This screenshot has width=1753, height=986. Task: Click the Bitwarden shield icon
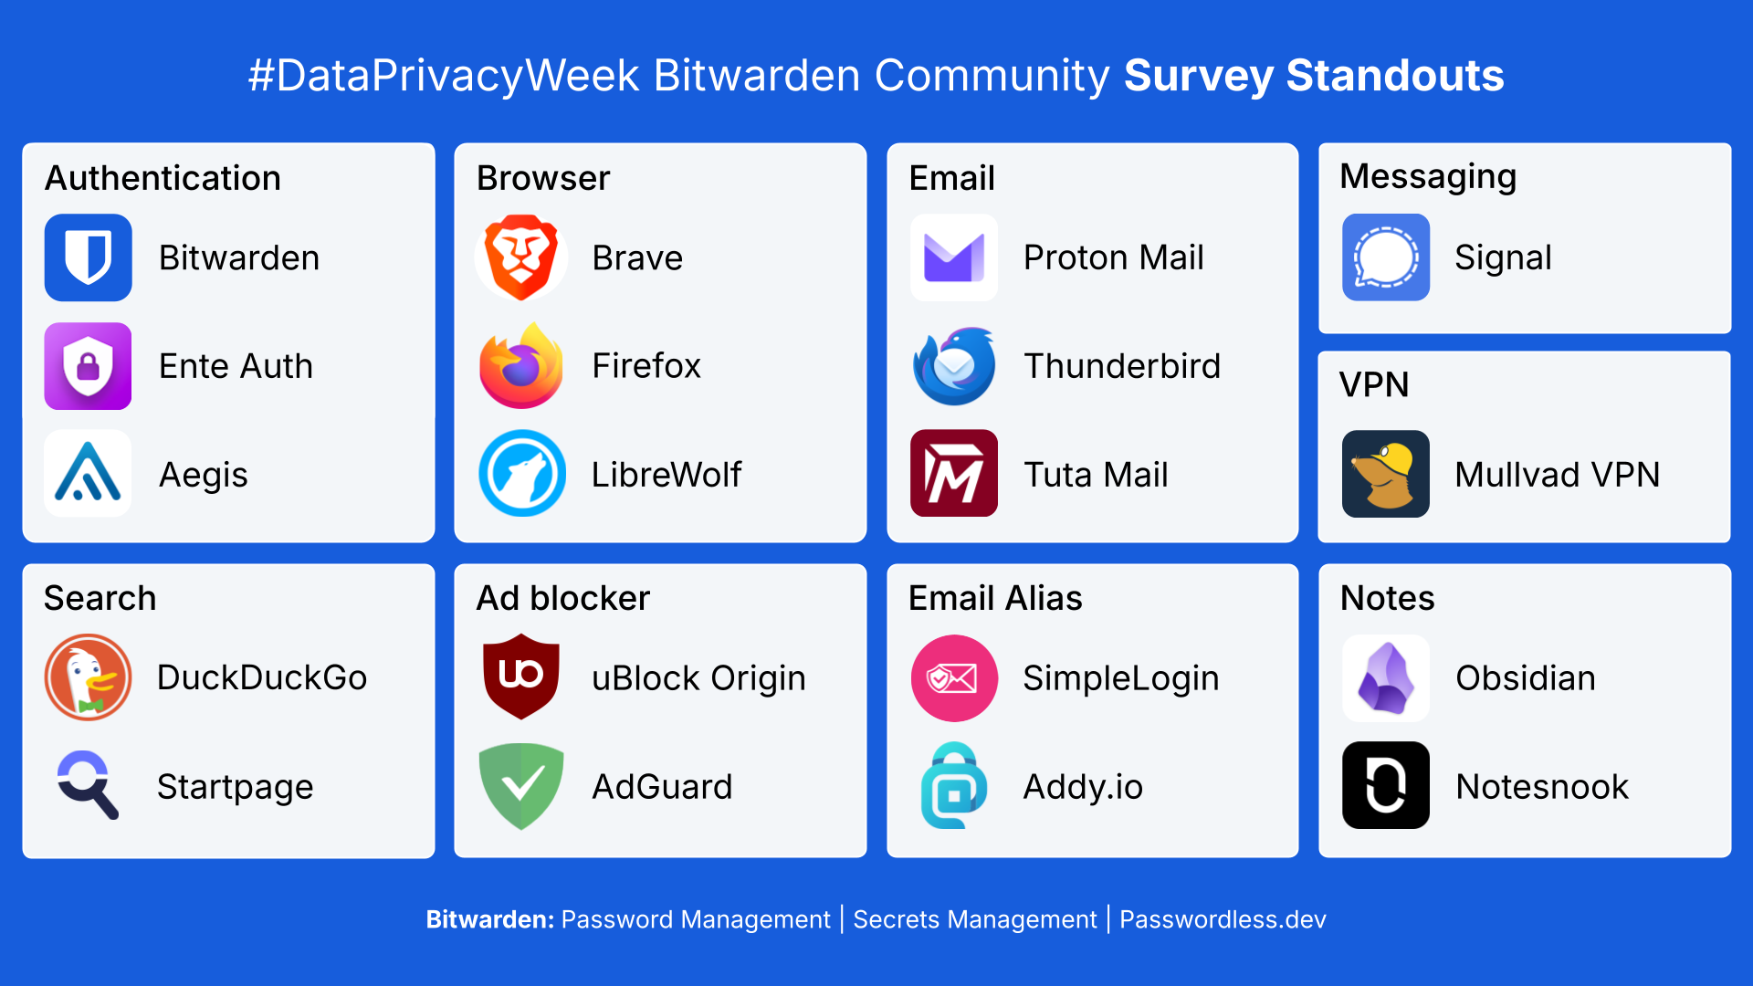[x=89, y=257]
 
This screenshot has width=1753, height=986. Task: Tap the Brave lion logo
[x=521, y=257]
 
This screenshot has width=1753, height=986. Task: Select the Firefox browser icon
[x=521, y=366]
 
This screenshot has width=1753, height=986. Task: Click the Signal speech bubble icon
[x=1385, y=257]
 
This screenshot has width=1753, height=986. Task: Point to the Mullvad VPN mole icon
[x=1385, y=474]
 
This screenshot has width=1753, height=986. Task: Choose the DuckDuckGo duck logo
[x=89, y=677]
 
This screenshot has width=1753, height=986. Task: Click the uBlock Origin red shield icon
[x=521, y=676]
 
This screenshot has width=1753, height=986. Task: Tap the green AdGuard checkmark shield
[x=521, y=785]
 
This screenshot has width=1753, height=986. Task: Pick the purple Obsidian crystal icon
[x=1385, y=678]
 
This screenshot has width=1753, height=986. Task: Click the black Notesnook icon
[x=1385, y=785]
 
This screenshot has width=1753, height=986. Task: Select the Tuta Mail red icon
[x=953, y=474]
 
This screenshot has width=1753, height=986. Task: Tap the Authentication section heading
[x=163, y=178]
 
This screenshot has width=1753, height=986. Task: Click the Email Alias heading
[x=995, y=598]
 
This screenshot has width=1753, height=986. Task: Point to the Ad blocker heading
[x=562, y=598]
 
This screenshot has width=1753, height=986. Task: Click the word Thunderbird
[x=1122, y=366]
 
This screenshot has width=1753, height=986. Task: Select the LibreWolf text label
[x=667, y=475]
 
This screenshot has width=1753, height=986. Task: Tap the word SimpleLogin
[x=1120, y=678]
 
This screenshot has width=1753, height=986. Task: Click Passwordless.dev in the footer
[x=1223, y=919]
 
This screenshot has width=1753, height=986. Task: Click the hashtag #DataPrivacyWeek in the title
[x=444, y=76]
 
